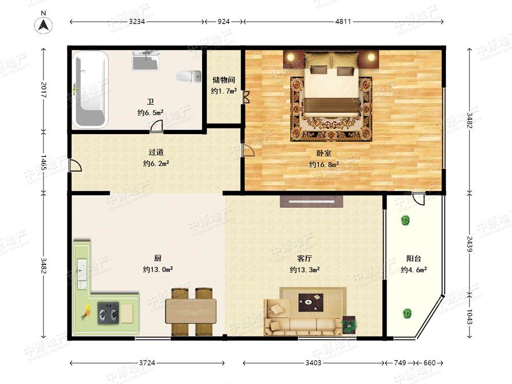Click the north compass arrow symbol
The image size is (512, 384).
(45, 24)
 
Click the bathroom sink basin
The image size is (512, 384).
(146, 60)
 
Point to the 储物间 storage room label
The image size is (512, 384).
(224, 80)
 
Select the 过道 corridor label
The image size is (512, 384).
(156, 152)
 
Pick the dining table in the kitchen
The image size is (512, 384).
(190, 311)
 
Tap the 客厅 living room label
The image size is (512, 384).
(305, 259)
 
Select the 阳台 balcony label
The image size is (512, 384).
(414, 259)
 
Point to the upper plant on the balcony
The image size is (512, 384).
(406, 221)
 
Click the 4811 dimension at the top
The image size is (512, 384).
(343, 22)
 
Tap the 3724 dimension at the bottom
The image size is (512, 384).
(147, 363)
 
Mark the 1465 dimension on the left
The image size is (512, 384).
(44, 163)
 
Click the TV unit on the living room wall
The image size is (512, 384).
(311, 201)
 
